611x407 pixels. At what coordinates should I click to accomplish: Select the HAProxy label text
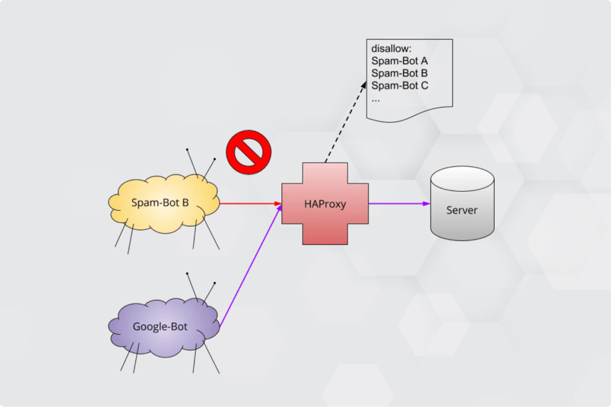point(325,203)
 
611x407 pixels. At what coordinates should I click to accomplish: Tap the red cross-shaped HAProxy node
point(325,223)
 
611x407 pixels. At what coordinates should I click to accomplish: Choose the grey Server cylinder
point(462,223)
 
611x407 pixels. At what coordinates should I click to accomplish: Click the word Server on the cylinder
point(462,211)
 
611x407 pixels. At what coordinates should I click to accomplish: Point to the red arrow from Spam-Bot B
point(250,203)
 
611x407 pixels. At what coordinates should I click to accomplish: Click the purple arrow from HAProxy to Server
point(398,203)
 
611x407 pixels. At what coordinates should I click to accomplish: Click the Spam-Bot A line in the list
point(399,61)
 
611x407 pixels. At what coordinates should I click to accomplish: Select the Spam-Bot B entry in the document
point(399,73)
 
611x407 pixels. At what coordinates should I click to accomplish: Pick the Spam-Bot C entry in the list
point(399,85)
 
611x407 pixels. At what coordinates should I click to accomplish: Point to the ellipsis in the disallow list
point(376,98)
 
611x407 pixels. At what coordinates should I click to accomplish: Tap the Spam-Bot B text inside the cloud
point(160,202)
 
